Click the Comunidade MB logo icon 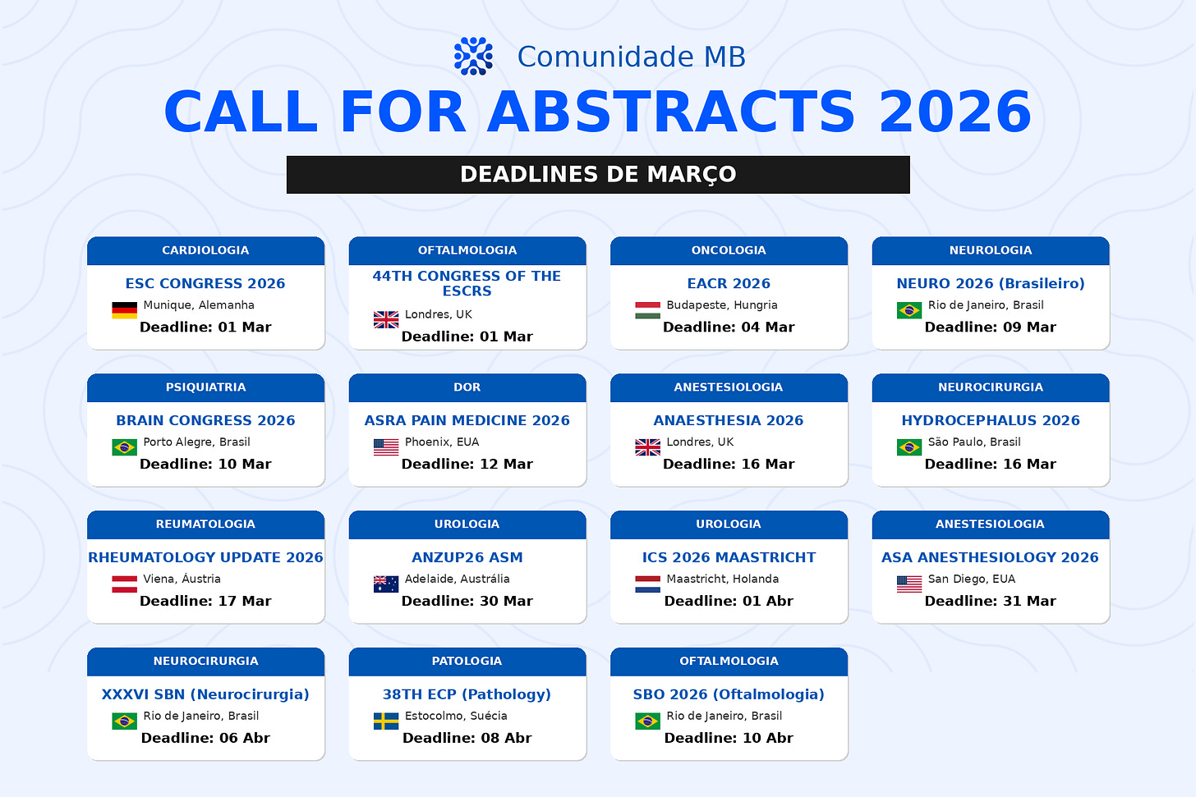473,56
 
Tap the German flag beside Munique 124,310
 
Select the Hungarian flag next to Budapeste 647,310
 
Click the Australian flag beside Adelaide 386,584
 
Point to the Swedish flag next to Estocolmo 386,721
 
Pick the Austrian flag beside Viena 124,584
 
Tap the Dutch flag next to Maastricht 647,584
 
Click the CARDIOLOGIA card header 205,250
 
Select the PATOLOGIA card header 467,662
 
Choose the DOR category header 467,388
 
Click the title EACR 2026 729,283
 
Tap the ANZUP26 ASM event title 467,557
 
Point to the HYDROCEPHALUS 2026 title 991,420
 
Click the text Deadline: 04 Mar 729,327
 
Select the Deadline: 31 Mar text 991,601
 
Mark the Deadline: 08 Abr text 467,739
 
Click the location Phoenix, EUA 442,442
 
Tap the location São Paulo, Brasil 974,442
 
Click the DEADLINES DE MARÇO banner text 598,175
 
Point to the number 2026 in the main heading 954,112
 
